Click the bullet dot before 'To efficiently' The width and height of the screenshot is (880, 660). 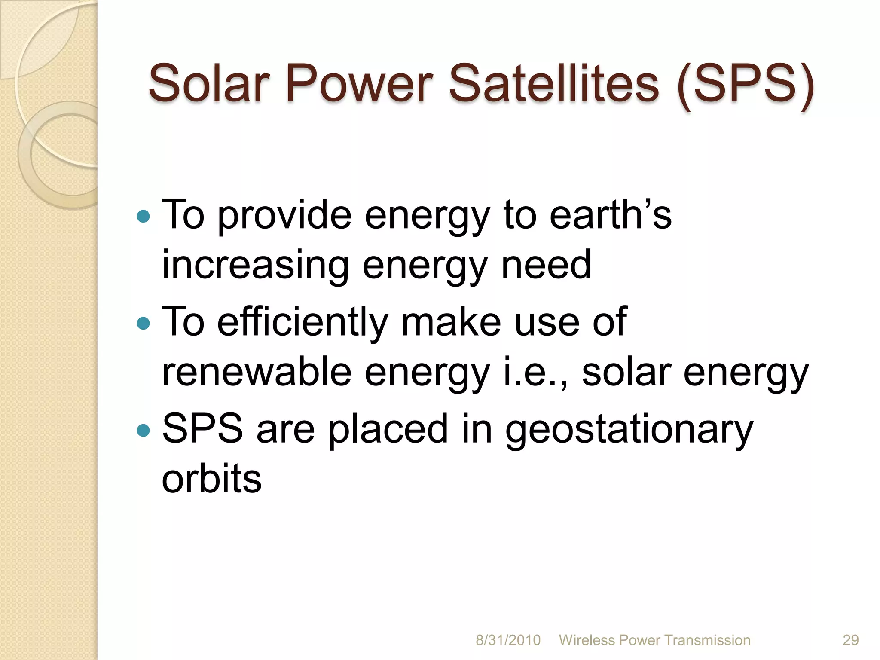(x=143, y=323)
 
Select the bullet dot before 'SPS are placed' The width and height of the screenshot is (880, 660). (x=143, y=430)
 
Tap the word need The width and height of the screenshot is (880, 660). (x=546, y=266)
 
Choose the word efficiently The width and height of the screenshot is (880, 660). (x=302, y=322)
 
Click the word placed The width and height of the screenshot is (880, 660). (x=388, y=429)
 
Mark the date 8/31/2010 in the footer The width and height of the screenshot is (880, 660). (x=508, y=640)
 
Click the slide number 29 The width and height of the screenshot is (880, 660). (x=850, y=640)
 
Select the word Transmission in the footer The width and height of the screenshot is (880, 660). (x=707, y=640)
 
